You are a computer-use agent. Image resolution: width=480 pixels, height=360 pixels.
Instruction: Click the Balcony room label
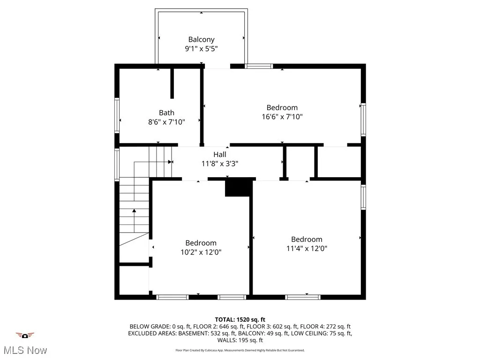(202, 39)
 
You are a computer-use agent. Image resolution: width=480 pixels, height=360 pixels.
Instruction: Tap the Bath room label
(166, 112)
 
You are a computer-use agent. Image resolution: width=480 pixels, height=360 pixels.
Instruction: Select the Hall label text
(220, 154)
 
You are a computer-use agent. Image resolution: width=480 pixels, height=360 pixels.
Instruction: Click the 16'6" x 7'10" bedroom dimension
(282, 117)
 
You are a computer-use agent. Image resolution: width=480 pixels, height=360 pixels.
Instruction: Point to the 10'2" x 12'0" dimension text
(201, 252)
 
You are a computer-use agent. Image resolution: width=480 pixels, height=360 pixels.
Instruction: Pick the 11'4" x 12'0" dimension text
(307, 248)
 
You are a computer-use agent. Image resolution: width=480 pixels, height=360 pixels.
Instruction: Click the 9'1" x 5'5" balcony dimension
(202, 48)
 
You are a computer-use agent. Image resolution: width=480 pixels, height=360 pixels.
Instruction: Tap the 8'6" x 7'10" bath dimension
(166, 122)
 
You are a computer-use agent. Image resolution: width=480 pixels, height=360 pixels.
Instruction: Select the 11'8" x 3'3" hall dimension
(220, 163)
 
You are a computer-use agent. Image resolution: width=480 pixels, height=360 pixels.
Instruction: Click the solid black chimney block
(239, 187)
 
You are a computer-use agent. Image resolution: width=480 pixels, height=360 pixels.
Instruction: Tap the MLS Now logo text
(25, 350)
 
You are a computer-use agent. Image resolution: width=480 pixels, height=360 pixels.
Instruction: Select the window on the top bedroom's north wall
(259, 66)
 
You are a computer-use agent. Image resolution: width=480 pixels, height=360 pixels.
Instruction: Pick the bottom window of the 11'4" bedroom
(303, 297)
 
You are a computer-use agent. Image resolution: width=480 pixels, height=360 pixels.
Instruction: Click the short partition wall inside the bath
(172, 83)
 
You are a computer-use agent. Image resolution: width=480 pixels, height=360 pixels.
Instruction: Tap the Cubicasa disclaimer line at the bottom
(240, 350)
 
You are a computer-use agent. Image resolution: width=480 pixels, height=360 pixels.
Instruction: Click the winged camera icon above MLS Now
(25, 335)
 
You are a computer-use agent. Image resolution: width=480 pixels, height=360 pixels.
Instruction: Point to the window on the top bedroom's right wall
(363, 120)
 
